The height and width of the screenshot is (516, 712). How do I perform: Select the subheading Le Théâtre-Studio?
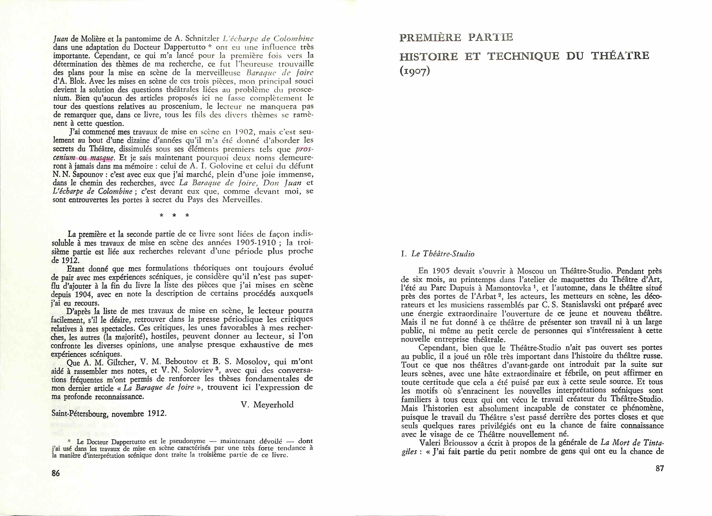tap(443, 254)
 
